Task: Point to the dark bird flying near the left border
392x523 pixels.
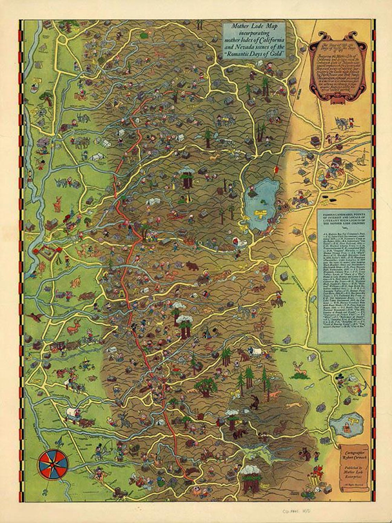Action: [35, 316]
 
